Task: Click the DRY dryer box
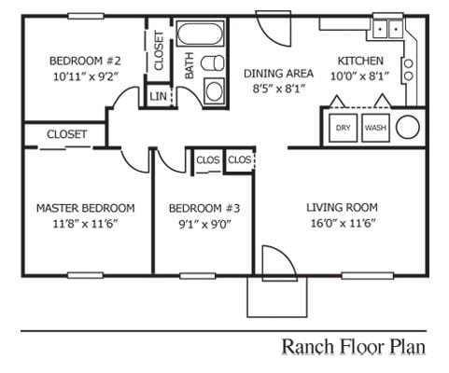343,128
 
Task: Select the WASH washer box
375,128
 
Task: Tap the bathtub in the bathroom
201,37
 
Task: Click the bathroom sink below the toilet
214,90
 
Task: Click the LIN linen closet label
157,96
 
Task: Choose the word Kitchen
359,62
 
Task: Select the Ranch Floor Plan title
354,346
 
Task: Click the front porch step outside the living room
275,297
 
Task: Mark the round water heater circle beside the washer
408,128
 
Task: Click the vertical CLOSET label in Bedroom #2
159,50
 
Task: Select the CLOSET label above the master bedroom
66,134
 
